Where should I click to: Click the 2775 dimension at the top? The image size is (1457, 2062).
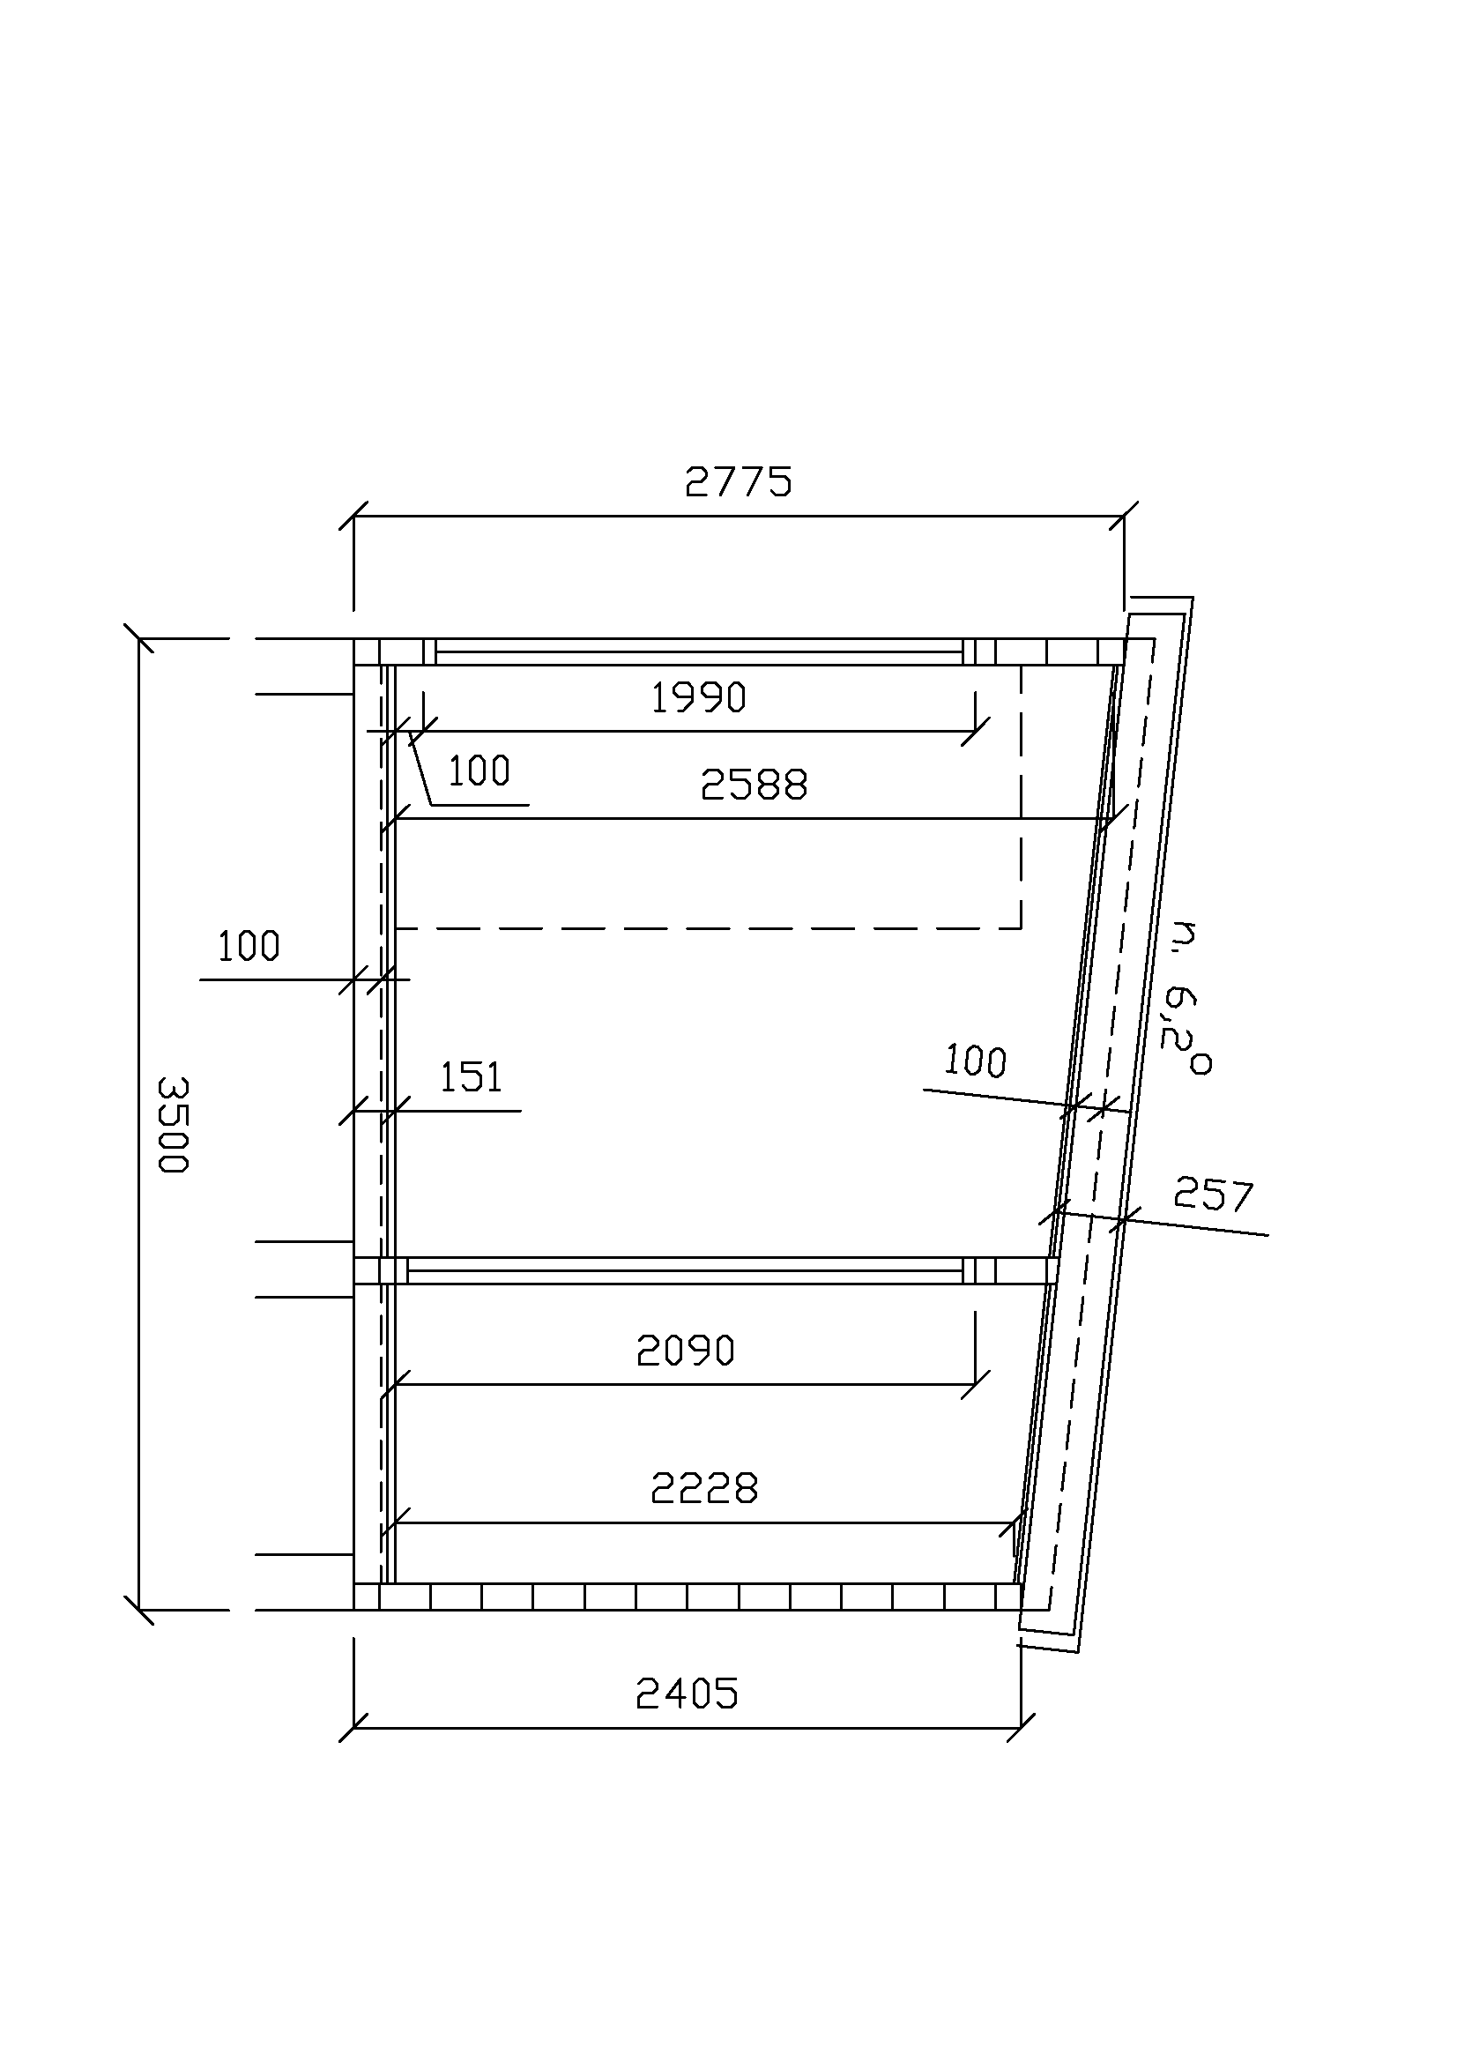738,482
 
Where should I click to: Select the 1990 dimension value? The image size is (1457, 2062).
697,698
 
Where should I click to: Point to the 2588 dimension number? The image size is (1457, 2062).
754,785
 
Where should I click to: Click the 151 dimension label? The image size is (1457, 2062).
471,1076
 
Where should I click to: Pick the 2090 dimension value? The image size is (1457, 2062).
685,1351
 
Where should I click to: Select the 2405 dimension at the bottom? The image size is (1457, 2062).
687,1694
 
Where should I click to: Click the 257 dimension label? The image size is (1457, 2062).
1213,1195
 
